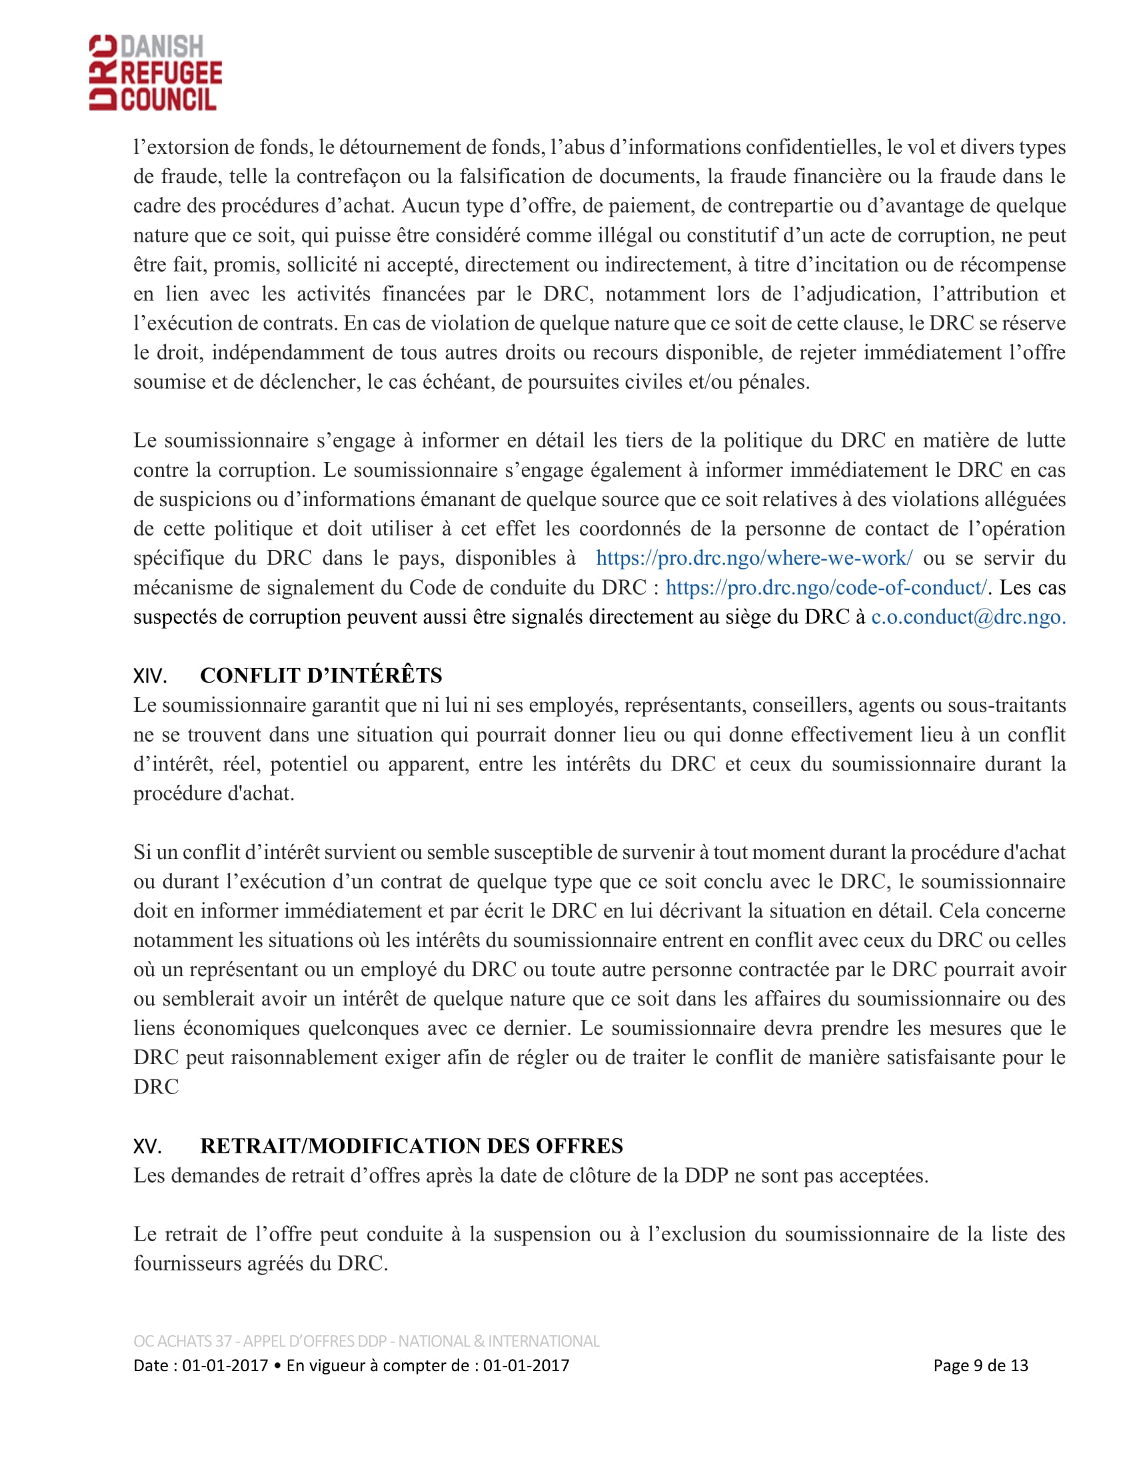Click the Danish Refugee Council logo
pos(156,73)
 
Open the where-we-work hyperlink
pos(754,558)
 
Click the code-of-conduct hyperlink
pos(826,587)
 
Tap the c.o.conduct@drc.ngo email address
pos(968,617)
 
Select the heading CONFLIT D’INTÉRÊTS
pos(321,675)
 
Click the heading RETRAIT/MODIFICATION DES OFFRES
pos(411,1146)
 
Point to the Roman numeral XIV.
pos(150,676)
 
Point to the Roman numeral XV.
pos(148,1147)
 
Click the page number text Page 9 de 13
pos(980,1366)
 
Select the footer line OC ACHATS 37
pos(367,1341)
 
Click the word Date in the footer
pos(151,1366)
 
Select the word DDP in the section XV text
pos(706,1176)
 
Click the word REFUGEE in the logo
pos(171,73)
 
